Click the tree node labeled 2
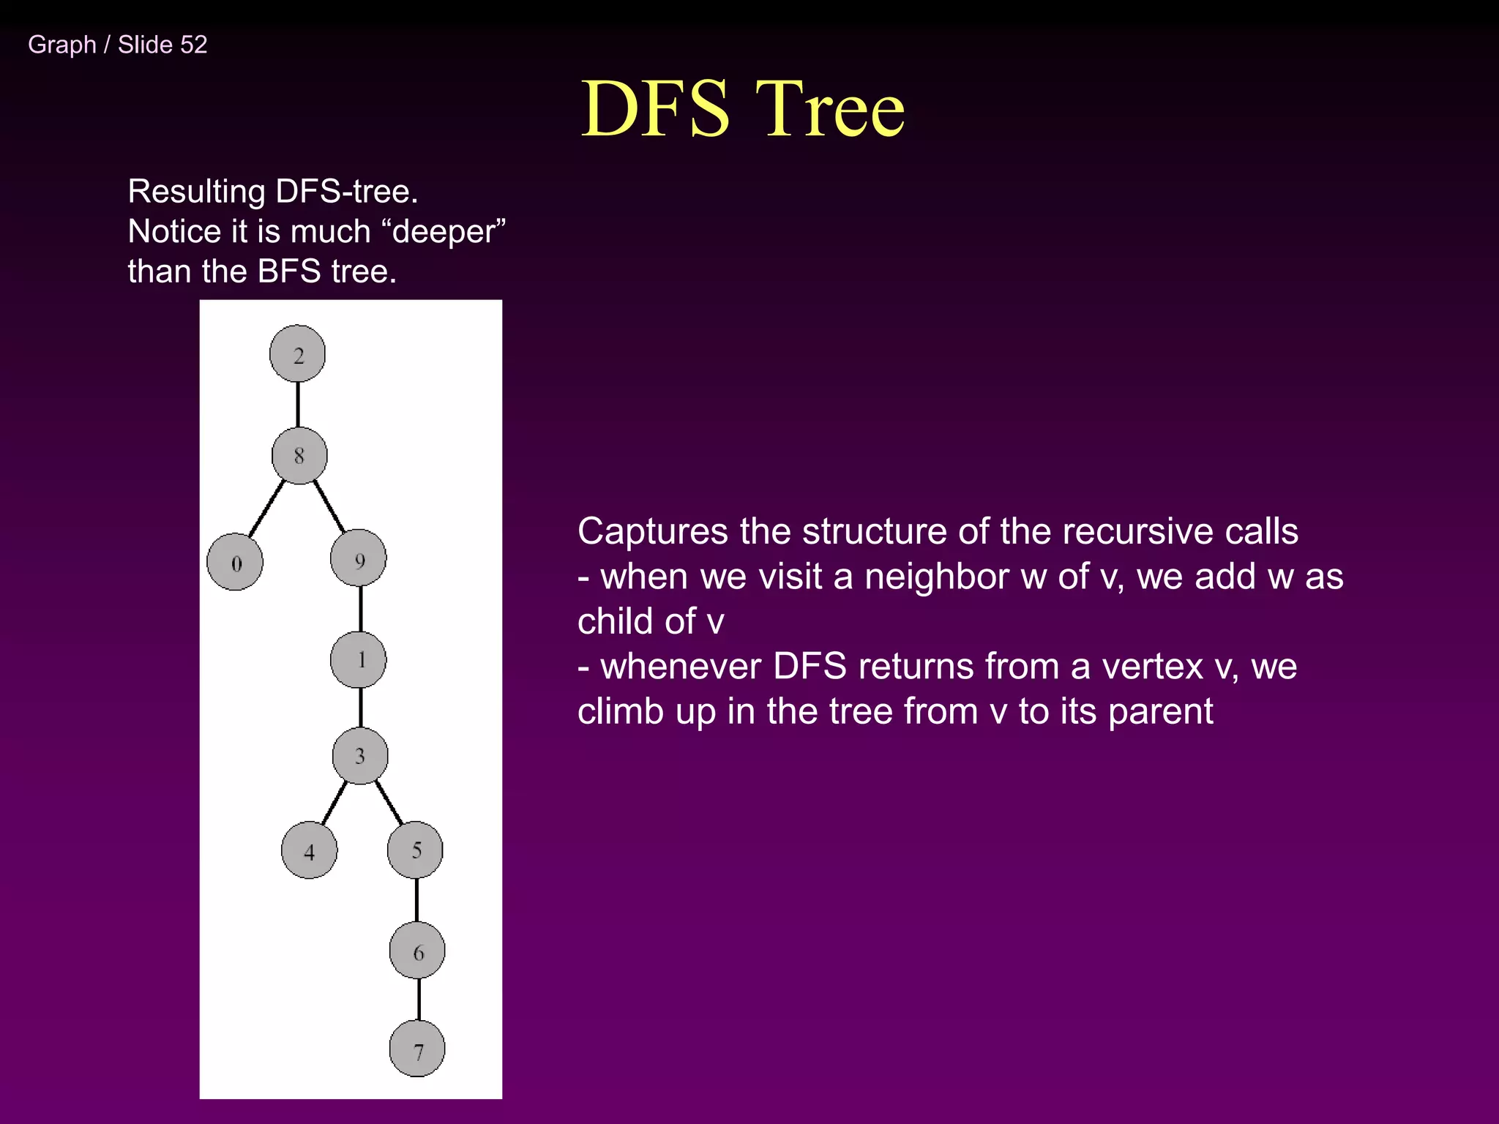pyautogui.click(x=297, y=354)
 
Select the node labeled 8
pyautogui.click(x=299, y=456)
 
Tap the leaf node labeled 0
pyautogui.click(x=235, y=563)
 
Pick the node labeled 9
pyautogui.click(x=359, y=559)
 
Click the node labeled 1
pyautogui.click(x=359, y=659)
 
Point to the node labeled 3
pyautogui.click(x=360, y=756)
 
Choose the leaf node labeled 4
pyautogui.click(x=310, y=850)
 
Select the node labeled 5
pyautogui.click(x=415, y=850)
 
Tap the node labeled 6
pyautogui.click(x=417, y=951)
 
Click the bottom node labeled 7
pyautogui.click(x=417, y=1049)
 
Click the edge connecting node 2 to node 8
pyautogui.click(x=298, y=405)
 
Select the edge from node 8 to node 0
pyautogui.click(x=266, y=509)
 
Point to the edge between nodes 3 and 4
pyautogui.click(x=334, y=803)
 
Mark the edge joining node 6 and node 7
pyautogui.click(x=419, y=1000)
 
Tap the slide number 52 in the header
pyautogui.click(x=193, y=45)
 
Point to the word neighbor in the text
pyautogui.click(x=937, y=577)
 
